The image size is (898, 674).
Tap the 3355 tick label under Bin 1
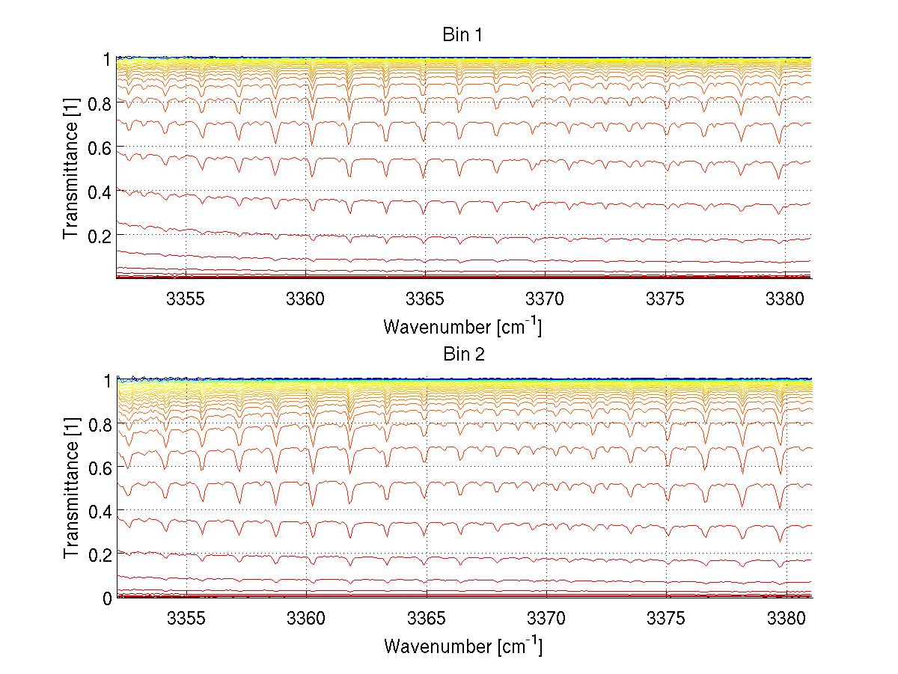click(186, 298)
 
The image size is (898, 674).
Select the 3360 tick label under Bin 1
click(306, 298)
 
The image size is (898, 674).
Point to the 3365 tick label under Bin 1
click(426, 298)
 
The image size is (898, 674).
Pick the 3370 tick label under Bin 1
click(546, 298)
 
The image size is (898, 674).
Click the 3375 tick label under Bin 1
click(665, 298)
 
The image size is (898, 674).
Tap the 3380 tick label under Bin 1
click(786, 298)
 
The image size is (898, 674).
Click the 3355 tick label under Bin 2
click(186, 619)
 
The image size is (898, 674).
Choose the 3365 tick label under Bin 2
click(426, 619)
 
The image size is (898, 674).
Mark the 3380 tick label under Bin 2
click(786, 619)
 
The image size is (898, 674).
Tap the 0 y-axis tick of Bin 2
click(107, 598)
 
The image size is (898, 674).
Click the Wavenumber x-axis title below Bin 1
click(462, 326)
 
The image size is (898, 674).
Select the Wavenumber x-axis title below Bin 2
click(462, 646)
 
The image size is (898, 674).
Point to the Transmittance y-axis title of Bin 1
click(71, 168)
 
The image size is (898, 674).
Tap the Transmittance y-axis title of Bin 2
click(71, 488)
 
